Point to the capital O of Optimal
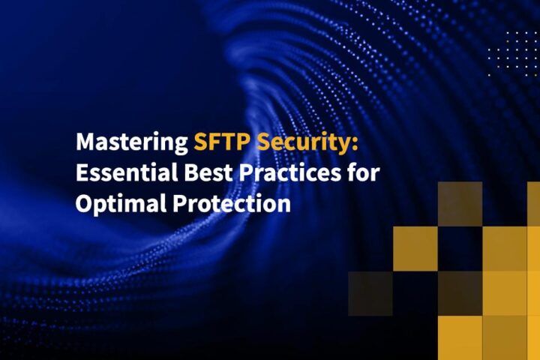click(x=84, y=204)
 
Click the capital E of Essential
click(x=82, y=173)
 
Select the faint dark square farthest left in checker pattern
click(x=370, y=293)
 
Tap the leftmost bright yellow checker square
click(x=415, y=248)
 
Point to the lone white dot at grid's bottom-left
click(x=490, y=74)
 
